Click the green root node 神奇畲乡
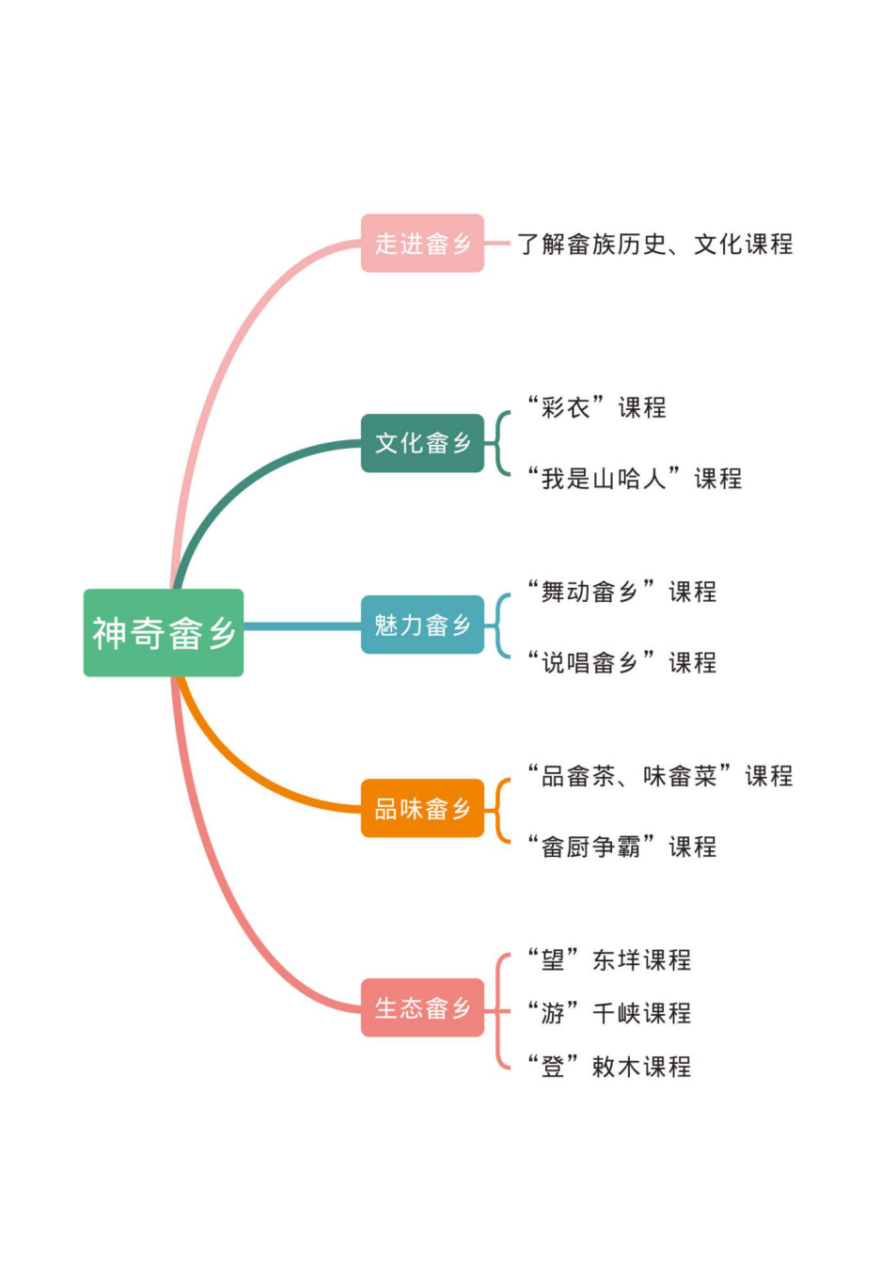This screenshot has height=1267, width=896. [163, 632]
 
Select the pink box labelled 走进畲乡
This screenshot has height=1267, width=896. [422, 244]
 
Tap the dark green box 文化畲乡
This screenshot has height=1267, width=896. [422, 443]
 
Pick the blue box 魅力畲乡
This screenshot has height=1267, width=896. [422, 625]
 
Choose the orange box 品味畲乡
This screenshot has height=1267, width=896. [422, 808]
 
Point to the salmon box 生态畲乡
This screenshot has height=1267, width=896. [422, 1007]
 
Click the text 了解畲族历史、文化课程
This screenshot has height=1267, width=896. [654, 245]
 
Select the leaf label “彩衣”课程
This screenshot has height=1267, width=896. [597, 407]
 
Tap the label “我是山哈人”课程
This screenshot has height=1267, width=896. [635, 478]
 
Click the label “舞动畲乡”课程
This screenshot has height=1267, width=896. [622, 592]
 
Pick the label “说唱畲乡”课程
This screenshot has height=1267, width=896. [622, 662]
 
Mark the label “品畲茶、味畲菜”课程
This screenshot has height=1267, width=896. [660, 776]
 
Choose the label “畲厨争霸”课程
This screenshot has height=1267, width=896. [622, 847]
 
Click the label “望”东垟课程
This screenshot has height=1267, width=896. [609, 959]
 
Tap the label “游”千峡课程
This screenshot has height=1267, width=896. [609, 1013]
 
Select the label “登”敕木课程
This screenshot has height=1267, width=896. [609, 1067]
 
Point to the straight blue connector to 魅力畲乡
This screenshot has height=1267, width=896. [301, 626]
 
